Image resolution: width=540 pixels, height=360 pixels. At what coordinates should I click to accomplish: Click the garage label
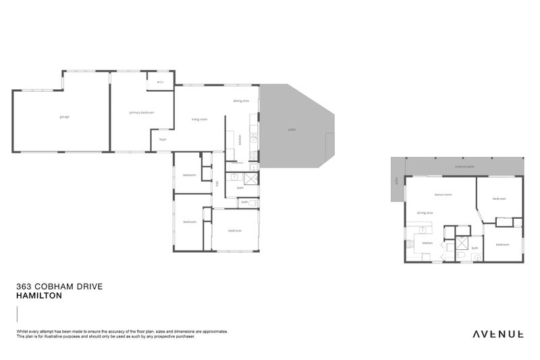(65, 117)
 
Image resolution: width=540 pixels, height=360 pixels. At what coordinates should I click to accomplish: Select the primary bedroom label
(142, 112)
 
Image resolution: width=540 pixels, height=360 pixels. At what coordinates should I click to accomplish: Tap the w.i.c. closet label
(160, 82)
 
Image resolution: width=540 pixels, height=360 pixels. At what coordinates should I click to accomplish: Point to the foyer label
(163, 140)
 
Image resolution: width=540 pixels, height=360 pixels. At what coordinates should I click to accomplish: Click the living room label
(199, 120)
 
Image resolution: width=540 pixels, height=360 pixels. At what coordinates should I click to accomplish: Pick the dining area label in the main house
(241, 101)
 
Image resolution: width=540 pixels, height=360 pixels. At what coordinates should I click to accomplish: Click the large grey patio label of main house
(292, 129)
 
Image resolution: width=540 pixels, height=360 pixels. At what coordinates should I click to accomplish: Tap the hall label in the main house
(217, 183)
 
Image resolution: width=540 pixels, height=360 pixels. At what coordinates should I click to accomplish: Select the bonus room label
(442, 194)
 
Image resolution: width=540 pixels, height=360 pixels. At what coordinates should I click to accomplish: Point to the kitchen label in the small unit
(427, 243)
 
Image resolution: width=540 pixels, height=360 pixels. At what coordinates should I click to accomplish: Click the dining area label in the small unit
(424, 213)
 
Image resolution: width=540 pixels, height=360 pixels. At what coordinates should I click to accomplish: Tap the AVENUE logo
(497, 334)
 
